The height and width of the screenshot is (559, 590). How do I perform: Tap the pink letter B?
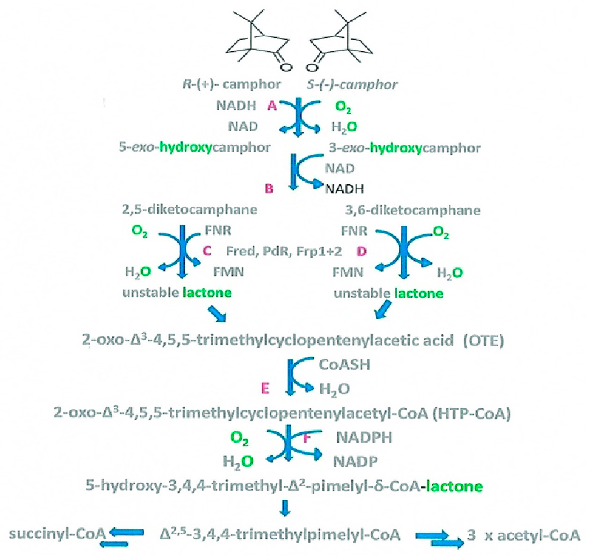click(x=269, y=189)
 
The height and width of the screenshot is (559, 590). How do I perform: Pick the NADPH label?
click(x=364, y=437)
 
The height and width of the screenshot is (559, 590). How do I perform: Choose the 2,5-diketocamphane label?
click(x=189, y=210)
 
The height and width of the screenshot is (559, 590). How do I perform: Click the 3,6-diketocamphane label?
click(x=413, y=210)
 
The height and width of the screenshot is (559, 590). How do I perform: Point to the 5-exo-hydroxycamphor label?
click(x=195, y=148)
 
